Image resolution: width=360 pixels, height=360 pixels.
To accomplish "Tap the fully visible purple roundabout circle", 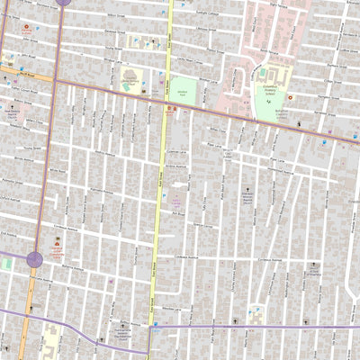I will pos(35,260).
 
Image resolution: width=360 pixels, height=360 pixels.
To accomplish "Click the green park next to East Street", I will pos(183,91).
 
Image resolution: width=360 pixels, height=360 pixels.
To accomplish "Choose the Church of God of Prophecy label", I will pos(313,274).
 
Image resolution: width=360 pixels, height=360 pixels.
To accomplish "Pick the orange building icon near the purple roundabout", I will pos(59,241).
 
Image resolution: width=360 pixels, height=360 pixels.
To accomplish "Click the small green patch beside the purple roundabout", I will pos(6,264).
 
